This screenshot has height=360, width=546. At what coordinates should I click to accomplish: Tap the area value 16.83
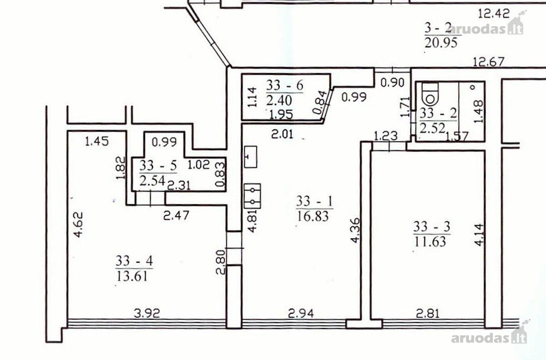(x=313, y=216)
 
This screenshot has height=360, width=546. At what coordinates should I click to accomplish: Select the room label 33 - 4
(x=134, y=261)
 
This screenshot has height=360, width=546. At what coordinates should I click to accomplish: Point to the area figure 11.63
(x=430, y=241)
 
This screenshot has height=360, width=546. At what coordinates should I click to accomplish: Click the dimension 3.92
(x=147, y=314)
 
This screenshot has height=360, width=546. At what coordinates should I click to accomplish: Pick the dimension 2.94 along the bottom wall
(x=301, y=314)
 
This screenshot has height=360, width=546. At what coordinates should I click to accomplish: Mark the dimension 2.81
(x=428, y=314)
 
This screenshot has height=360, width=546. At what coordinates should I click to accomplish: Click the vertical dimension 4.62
(x=79, y=224)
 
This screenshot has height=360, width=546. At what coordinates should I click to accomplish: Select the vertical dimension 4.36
(x=355, y=230)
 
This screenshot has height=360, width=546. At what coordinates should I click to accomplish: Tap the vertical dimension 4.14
(x=479, y=235)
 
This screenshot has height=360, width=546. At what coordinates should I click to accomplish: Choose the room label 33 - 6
(x=285, y=86)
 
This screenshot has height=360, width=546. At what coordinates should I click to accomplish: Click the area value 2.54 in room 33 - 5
(x=152, y=181)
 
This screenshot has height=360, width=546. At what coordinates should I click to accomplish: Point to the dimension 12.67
(x=488, y=61)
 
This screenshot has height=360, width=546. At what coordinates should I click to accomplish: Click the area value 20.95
(x=441, y=43)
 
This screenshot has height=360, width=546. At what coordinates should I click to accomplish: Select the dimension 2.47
(x=176, y=215)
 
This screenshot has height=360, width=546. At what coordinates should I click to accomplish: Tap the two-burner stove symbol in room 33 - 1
(x=253, y=196)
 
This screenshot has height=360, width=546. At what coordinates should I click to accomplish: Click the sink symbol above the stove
(x=251, y=157)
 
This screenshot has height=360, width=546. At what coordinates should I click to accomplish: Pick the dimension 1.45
(x=97, y=142)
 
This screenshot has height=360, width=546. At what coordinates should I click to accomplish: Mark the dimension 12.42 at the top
(x=494, y=13)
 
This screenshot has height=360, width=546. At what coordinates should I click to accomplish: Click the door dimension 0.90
(x=392, y=83)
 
